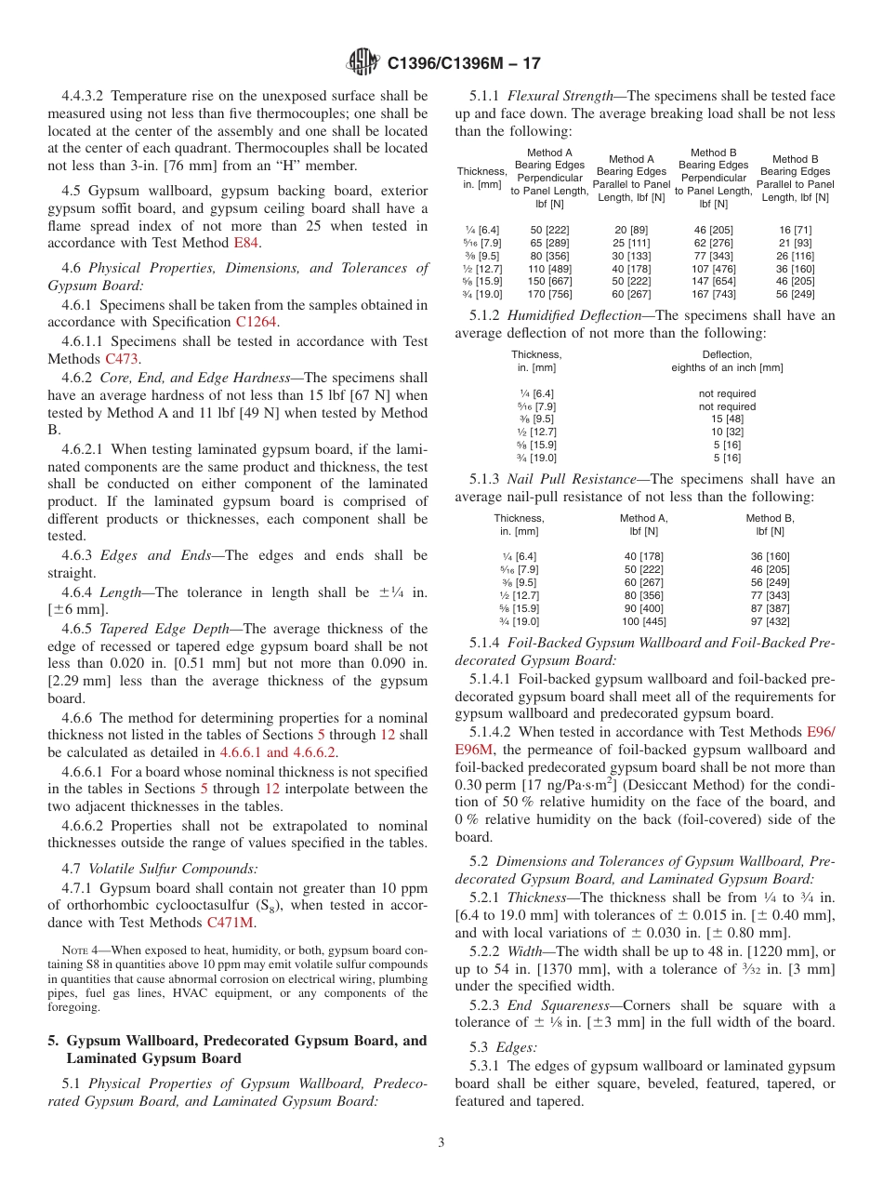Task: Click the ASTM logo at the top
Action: (x=362, y=62)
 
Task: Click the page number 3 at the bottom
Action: (x=441, y=1143)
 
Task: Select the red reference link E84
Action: (x=247, y=244)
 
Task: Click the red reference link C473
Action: (x=122, y=359)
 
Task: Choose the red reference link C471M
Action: (x=229, y=924)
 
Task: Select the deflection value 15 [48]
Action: (x=727, y=419)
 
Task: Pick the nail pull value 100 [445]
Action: (x=643, y=621)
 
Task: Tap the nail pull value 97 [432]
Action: (x=770, y=621)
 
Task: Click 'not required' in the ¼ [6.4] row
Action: (x=727, y=393)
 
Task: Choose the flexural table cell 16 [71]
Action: (x=795, y=230)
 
